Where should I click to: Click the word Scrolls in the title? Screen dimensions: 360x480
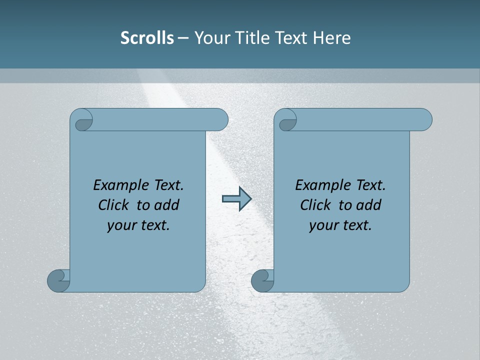pos(147,38)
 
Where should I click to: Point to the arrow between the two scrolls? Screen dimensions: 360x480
pos(236,198)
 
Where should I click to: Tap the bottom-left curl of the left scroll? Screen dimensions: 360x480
pos(59,280)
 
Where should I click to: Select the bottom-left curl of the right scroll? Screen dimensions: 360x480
pos(262,280)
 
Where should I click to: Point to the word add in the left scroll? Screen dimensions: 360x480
pos(167,205)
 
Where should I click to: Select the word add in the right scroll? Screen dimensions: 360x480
pos(369,205)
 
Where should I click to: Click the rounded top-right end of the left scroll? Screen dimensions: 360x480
pos(220,120)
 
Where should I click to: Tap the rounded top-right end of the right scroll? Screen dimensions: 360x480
pos(424,120)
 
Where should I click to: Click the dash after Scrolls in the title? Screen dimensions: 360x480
pos(183,38)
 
